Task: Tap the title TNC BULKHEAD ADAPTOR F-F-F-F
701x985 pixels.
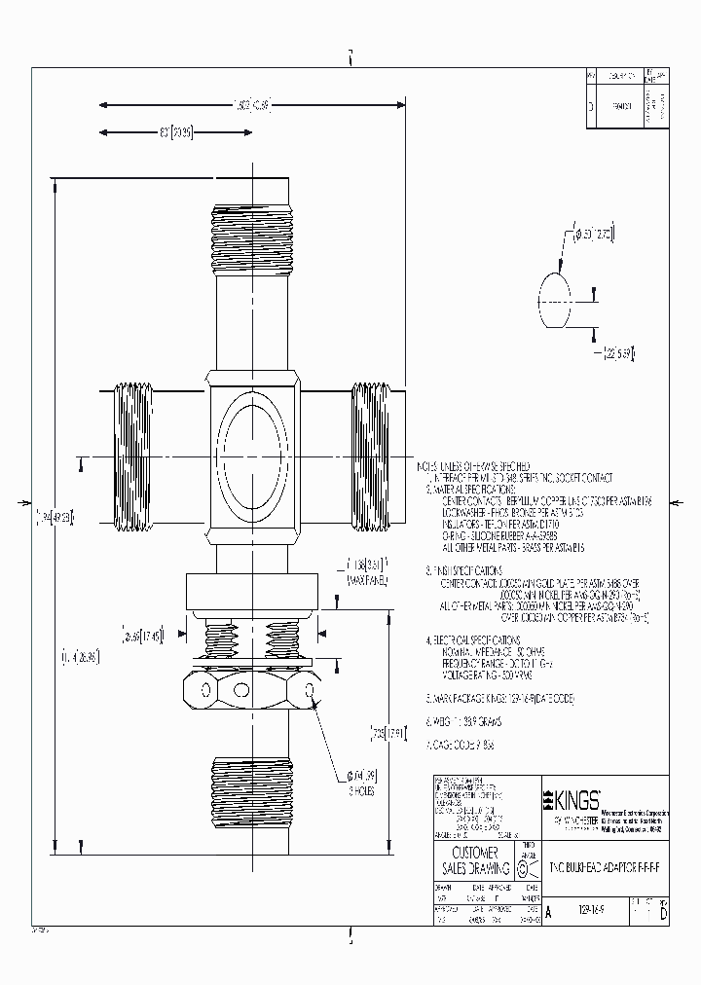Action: coord(604,864)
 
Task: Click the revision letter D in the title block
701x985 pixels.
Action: coord(664,915)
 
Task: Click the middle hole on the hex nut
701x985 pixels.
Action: coord(251,690)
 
